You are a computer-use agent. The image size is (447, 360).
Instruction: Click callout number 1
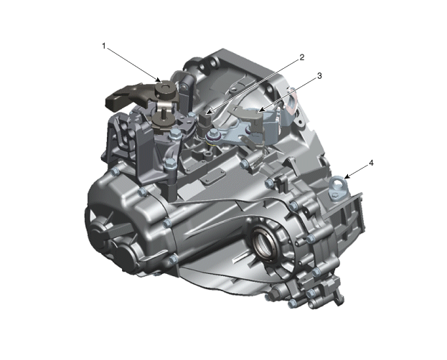[x=104, y=46]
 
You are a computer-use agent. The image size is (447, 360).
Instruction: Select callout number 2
[x=302, y=57]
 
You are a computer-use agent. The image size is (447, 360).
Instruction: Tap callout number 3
[x=319, y=76]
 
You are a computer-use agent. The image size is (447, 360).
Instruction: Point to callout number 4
[x=371, y=163]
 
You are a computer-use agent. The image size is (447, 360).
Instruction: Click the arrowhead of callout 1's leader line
[x=158, y=80]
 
